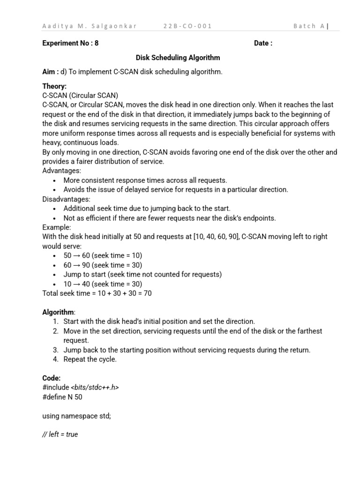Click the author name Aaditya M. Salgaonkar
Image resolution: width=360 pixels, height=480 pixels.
(x=90, y=26)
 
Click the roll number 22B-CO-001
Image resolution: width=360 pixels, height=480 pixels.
(x=187, y=26)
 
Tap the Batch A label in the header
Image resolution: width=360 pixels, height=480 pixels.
(x=309, y=26)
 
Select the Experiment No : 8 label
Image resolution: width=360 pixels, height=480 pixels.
(x=70, y=44)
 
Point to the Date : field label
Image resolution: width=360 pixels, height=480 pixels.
(x=263, y=44)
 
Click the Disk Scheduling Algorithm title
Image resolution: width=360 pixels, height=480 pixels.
(x=178, y=58)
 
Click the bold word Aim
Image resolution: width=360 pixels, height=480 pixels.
(x=50, y=72)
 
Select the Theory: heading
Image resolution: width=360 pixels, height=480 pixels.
(x=54, y=86)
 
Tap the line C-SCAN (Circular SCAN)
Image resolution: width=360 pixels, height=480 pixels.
(x=80, y=96)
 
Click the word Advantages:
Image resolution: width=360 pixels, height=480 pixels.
(x=61, y=171)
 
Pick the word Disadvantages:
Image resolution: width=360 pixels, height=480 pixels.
(x=66, y=199)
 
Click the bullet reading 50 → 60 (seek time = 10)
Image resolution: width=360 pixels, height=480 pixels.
(x=103, y=255)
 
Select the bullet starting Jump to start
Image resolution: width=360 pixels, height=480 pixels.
(x=142, y=274)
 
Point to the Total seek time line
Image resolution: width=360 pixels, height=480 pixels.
(x=97, y=293)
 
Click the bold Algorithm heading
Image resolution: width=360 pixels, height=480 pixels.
(x=58, y=312)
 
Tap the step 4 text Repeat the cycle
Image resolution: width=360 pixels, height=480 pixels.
(x=90, y=360)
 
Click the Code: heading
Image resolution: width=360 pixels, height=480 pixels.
(x=52, y=378)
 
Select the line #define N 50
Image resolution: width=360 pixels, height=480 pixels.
(x=62, y=397)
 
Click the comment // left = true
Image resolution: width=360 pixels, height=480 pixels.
(x=60, y=435)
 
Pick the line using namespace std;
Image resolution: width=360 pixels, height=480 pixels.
(x=76, y=416)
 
